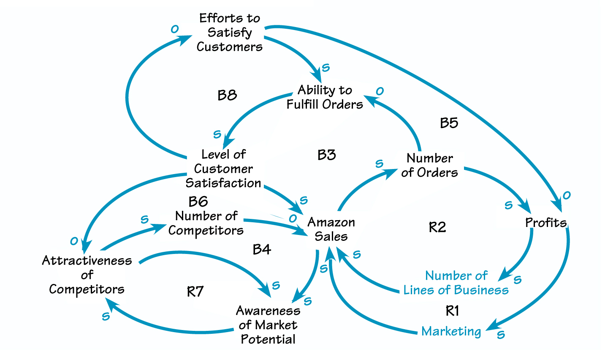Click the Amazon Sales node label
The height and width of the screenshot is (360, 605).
(331, 229)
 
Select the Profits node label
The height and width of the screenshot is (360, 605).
(546, 222)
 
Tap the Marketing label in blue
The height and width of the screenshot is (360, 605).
(451, 331)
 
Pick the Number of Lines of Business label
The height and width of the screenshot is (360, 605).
(456, 283)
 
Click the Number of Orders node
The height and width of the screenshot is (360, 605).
(429, 165)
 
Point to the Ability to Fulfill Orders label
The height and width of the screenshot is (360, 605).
(325, 97)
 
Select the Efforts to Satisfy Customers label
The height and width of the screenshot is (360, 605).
(230, 33)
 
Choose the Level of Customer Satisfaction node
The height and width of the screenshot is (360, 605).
(223, 169)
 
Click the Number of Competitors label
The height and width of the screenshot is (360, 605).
(206, 223)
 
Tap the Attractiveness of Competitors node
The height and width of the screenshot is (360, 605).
(87, 275)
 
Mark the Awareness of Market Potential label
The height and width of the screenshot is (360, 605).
(268, 325)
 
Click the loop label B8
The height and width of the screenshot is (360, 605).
(227, 95)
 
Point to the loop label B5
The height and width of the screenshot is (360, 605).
(449, 123)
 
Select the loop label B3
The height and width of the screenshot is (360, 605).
(326, 155)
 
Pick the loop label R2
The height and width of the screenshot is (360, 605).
(437, 227)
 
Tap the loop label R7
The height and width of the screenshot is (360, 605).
(195, 292)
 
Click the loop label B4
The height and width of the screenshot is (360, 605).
(262, 250)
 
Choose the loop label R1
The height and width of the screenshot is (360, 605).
(452, 311)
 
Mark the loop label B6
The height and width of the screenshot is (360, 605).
(198, 201)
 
